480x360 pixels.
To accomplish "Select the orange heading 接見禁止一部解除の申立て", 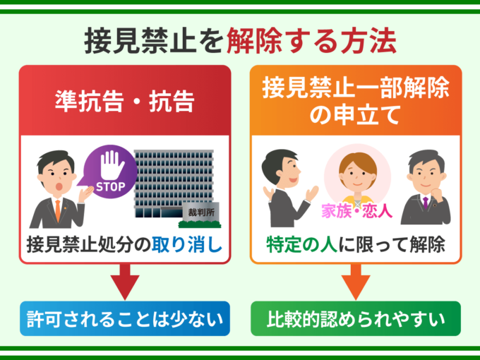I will tap(356, 101).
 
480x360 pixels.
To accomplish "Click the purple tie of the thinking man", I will tap(426, 205).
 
